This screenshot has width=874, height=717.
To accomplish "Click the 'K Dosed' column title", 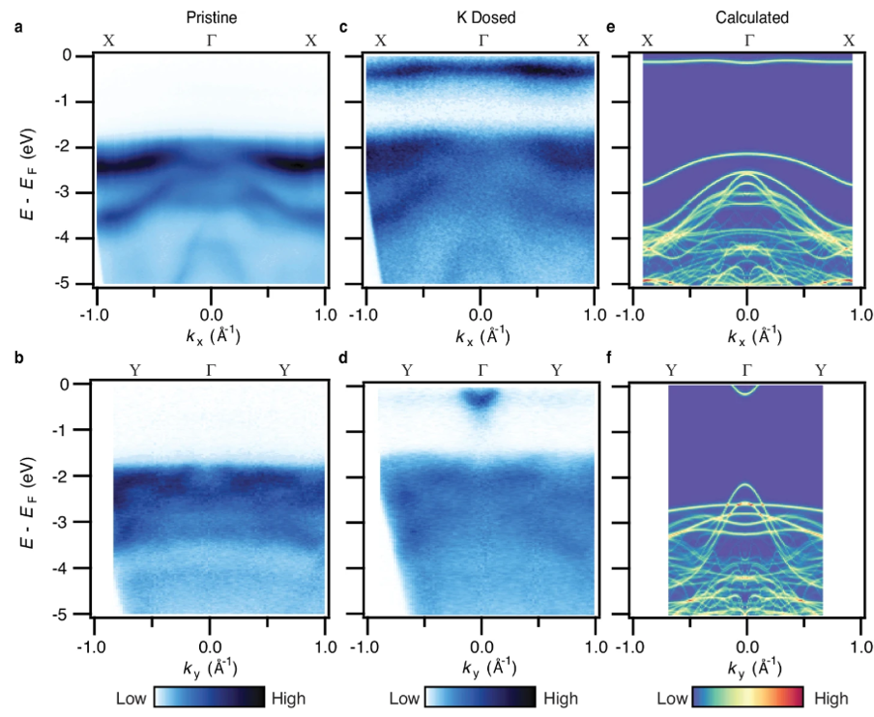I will pos(481,17).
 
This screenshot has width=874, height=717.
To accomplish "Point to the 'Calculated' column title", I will pos(745,17).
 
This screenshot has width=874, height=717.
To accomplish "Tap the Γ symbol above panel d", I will pos(481,369).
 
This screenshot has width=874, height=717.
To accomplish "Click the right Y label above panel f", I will pos(822,369).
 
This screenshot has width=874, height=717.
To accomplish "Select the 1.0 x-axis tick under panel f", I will pos(860,643).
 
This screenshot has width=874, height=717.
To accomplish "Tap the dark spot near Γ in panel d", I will pos(481,399).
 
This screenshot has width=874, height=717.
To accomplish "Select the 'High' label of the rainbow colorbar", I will pos(830,698).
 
